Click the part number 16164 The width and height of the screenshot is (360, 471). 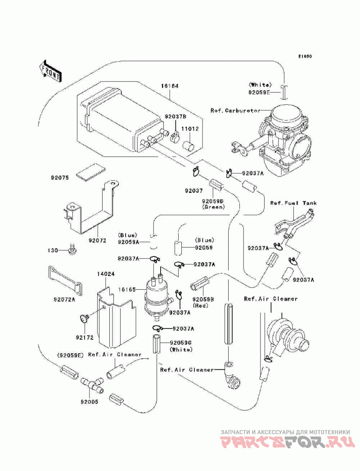click(x=170, y=86)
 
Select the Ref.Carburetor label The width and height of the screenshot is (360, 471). click(x=236, y=111)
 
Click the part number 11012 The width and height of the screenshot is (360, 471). click(x=189, y=129)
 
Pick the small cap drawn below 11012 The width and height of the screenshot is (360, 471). click(x=189, y=144)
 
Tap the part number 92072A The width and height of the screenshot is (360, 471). click(x=64, y=300)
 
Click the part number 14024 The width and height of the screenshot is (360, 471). click(x=105, y=274)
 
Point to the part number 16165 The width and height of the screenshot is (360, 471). click(x=127, y=290)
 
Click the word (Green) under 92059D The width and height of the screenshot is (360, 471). click(x=213, y=207)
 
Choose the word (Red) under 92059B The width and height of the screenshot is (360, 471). click(x=201, y=306)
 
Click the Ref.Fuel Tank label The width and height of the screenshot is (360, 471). click(x=293, y=203)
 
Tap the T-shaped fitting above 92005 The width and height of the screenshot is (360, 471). click(x=92, y=385)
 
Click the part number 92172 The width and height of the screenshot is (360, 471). click(x=85, y=337)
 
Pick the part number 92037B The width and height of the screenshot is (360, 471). click(x=175, y=116)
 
